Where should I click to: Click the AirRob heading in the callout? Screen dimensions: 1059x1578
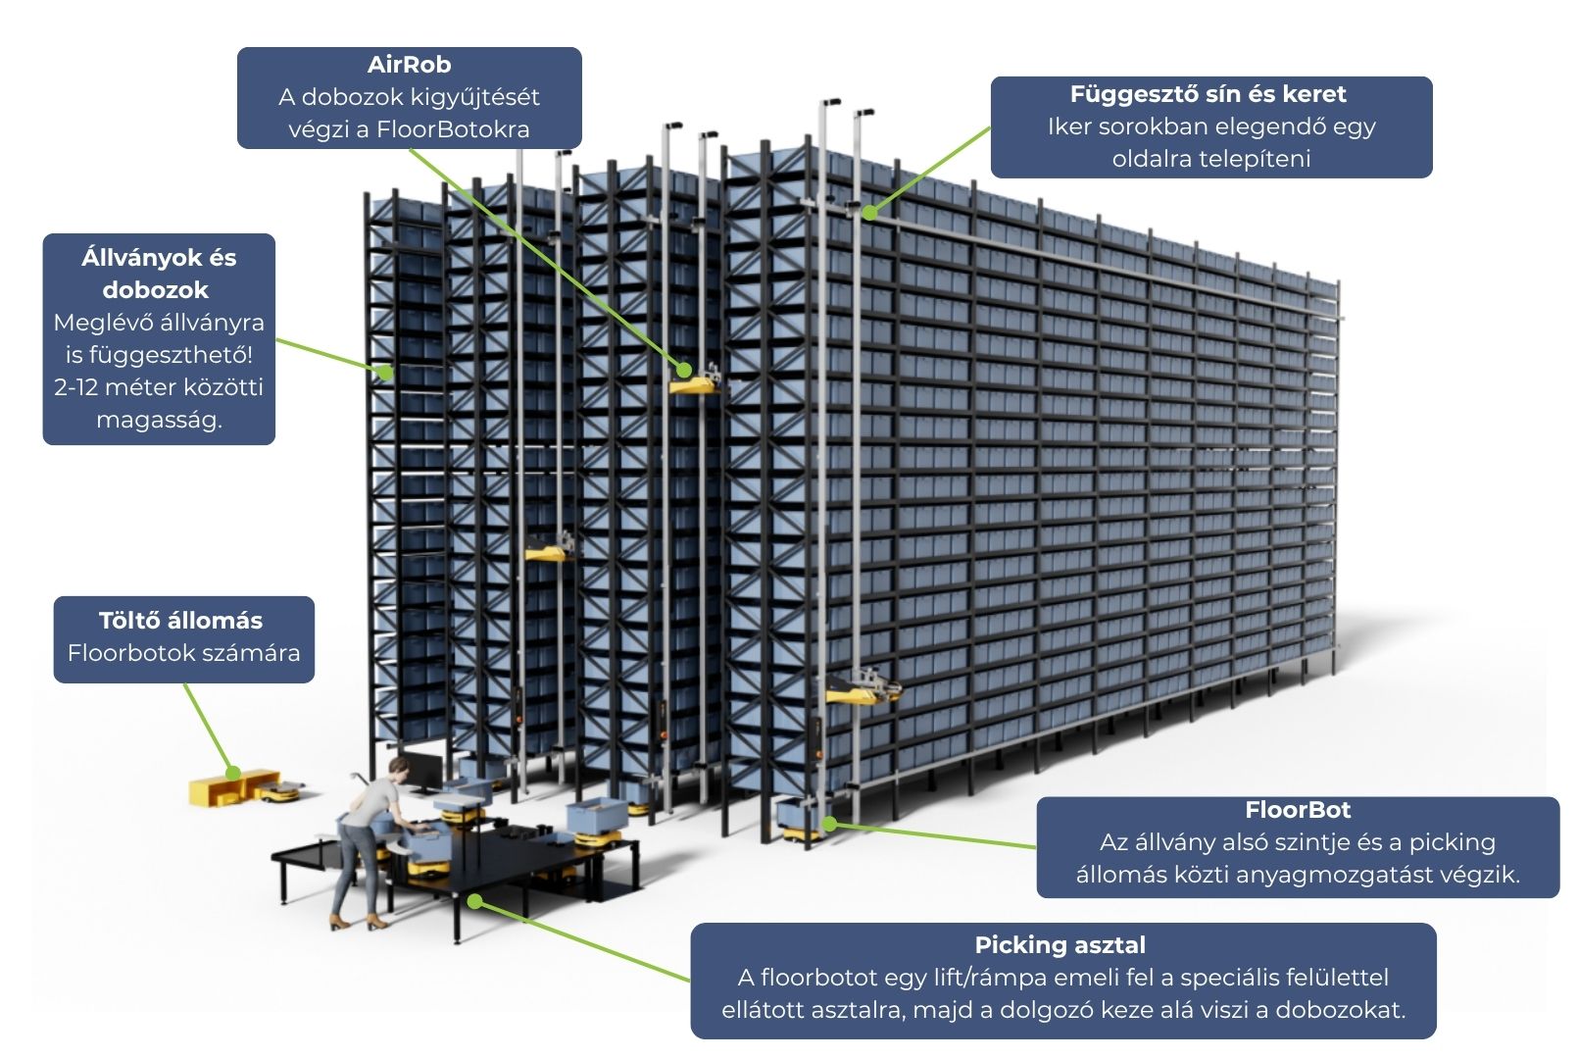click(x=409, y=65)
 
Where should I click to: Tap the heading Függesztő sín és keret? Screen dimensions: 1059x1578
click(x=1208, y=94)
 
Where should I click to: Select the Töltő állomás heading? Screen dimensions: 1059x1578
click(x=180, y=621)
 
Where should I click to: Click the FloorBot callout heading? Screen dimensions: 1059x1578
click(x=1297, y=810)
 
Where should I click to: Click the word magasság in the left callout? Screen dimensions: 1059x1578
click(x=159, y=420)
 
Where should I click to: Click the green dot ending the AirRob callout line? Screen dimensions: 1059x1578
click(x=684, y=370)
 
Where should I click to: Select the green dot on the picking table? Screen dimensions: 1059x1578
click(x=474, y=900)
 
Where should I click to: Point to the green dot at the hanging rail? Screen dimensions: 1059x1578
click(x=869, y=212)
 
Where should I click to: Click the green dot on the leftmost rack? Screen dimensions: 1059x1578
click(x=387, y=373)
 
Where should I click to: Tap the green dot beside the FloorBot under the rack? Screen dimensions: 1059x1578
click(x=830, y=824)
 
